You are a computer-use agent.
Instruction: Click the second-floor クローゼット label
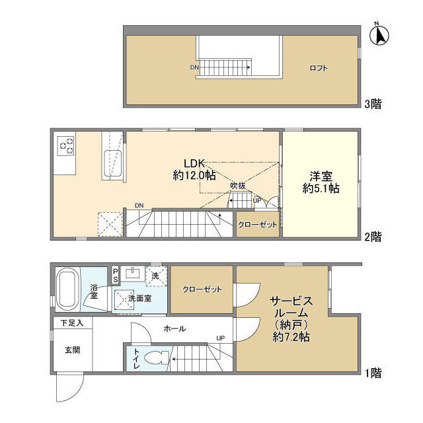(x=258, y=225)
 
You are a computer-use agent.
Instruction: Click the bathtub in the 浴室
(x=67, y=288)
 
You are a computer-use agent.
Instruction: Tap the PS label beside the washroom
(x=116, y=275)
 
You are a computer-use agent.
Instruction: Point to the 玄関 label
(x=72, y=350)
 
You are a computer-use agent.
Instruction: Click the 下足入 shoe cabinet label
(x=72, y=323)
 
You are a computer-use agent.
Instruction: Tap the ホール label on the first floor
(x=174, y=328)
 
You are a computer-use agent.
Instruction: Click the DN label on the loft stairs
(x=194, y=67)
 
